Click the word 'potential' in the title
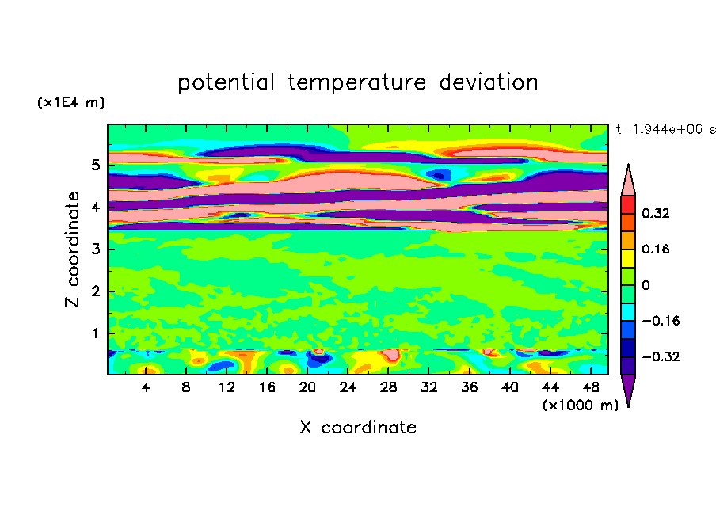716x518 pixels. coord(226,82)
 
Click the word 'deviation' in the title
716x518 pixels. coord(489,82)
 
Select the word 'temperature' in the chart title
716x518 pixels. coord(356,83)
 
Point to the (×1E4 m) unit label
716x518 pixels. coord(70,102)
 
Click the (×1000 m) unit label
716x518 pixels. coord(581,406)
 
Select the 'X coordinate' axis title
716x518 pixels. coord(358,427)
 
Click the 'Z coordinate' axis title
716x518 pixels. coord(72,249)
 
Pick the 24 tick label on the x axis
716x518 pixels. coord(348,388)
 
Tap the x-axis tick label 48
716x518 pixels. coord(591,388)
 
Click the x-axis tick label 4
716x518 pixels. coord(146,388)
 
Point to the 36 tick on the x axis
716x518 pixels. coord(469,388)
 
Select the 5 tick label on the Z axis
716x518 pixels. coord(95,165)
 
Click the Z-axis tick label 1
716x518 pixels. coord(95,333)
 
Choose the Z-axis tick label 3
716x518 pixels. coord(95,249)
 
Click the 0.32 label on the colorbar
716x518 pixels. coord(655,213)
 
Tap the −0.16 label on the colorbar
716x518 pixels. coord(661,321)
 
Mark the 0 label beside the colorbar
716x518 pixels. coord(646,285)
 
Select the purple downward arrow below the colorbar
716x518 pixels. coord(628,388)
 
